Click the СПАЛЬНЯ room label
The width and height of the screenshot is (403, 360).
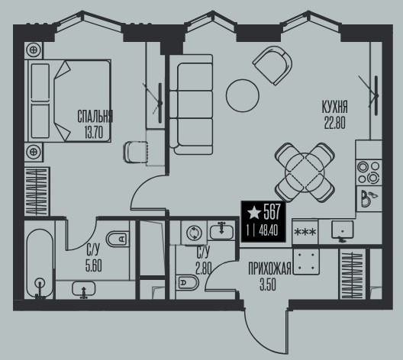click(x=95, y=117)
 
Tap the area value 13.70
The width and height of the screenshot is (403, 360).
click(x=93, y=133)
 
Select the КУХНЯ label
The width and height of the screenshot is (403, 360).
click(x=334, y=107)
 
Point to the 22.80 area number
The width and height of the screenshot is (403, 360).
click(x=334, y=123)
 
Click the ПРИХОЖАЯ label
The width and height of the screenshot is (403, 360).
click(x=269, y=268)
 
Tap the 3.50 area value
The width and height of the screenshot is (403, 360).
click(x=268, y=284)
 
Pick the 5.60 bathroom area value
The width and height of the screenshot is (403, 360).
click(x=94, y=265)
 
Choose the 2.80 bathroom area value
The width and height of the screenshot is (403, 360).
click(x=204, y=268)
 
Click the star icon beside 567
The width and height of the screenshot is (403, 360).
click(x=254, y=213)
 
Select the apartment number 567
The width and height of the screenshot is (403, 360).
click(x=272, y=212)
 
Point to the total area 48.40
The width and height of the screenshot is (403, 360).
click(x=269, y=231)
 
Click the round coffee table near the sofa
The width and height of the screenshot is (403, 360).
click(x=243, y=95)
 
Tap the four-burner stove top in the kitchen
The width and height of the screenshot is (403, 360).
click(x=369, y=172)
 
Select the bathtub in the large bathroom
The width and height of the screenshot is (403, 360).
click(x=40, y=264)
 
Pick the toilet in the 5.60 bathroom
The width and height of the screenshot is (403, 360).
click(x=118, y=239)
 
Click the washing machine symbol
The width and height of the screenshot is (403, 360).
click(x=194, y=233)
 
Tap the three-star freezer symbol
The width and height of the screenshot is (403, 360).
click(x=305, y=232)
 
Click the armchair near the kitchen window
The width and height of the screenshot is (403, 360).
click(x=272, y=66)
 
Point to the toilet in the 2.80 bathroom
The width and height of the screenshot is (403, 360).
click(x=188, y=283)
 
